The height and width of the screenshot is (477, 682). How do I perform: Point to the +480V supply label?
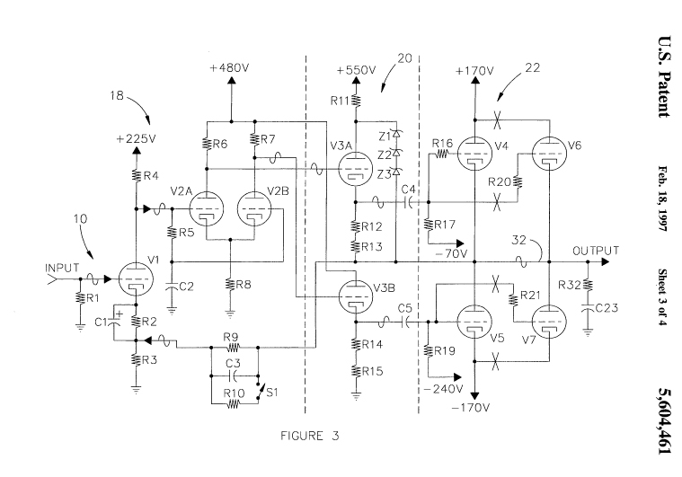231,68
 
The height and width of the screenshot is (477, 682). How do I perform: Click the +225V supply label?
135,139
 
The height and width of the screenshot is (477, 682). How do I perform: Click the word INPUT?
62,268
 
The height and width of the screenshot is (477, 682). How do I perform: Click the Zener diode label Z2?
384,154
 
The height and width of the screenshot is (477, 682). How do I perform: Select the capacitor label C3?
233,363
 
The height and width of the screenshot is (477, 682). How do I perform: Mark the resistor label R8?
244,285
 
